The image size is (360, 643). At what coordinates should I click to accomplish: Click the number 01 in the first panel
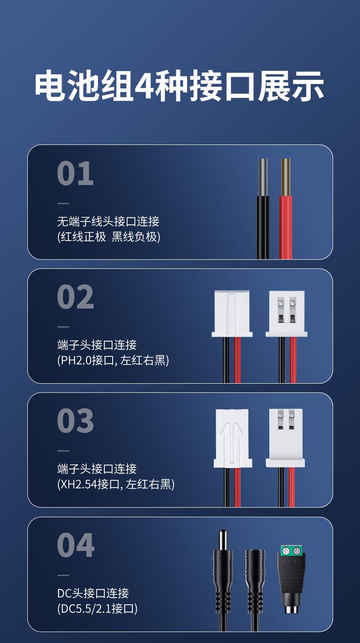75,174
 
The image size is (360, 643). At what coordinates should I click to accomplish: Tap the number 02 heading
76,297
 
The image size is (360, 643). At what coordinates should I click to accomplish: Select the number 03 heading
76,421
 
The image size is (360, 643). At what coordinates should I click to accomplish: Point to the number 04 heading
76,545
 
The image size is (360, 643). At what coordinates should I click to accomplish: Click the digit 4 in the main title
144,86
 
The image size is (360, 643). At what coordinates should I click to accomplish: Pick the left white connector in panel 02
232,314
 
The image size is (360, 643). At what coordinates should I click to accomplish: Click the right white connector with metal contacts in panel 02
287,314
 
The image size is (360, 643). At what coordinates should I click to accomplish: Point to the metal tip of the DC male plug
223,540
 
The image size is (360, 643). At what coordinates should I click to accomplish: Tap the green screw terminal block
292,550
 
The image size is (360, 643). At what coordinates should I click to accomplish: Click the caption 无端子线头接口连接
108,222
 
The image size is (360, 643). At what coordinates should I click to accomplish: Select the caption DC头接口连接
93,593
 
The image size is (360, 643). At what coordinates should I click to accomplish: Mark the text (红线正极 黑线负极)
108,237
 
